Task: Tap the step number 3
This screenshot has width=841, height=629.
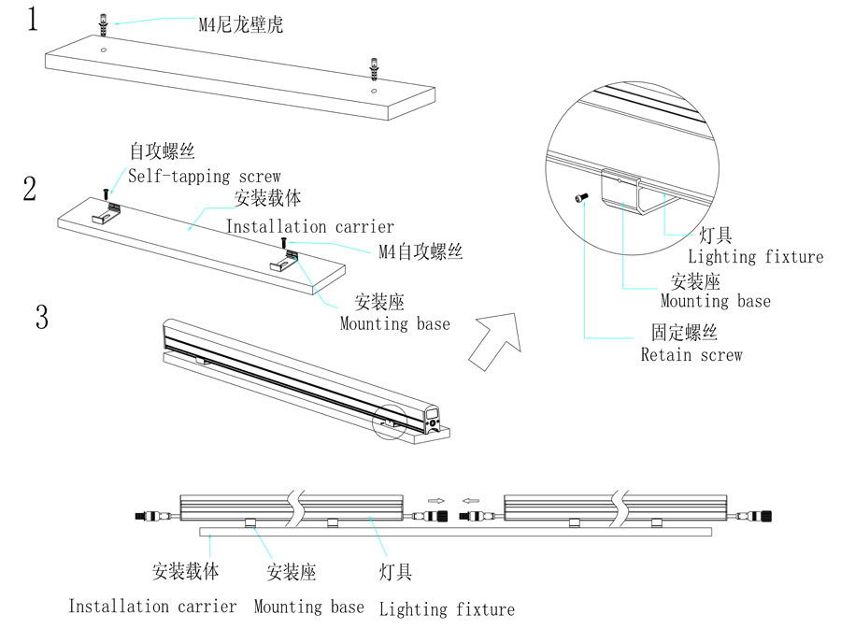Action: pos(42,317)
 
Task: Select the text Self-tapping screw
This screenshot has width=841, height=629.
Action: pos(205,176)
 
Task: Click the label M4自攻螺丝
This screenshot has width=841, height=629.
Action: pos(420,251)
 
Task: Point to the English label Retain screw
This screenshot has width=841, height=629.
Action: pos(691,355)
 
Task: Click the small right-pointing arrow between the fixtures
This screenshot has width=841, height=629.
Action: pos(435,500)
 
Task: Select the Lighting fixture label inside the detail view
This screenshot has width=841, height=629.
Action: pos(756,256)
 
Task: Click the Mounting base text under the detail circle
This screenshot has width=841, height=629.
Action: pos(716,301)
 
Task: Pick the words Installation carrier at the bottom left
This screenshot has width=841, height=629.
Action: pos(152,607)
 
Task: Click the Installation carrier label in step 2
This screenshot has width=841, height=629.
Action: pos(310,226)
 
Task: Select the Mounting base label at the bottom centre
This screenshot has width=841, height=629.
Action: pos(308,607)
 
